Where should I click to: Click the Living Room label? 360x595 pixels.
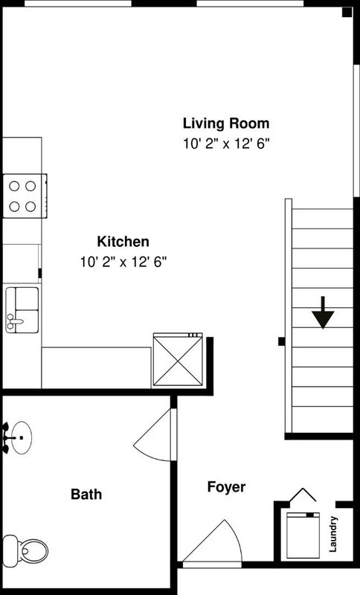226,123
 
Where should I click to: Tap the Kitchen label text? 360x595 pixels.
123,242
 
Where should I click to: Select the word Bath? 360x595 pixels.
86,494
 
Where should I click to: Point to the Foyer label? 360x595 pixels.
226,487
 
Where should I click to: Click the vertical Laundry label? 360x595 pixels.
332,534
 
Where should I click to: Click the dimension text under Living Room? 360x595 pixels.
226,144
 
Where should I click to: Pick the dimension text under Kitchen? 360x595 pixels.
123,262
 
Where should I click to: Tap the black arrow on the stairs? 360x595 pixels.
323,312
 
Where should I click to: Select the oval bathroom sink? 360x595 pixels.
22,437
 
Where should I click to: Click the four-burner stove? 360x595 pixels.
25,196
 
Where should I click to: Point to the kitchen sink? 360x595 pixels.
22,310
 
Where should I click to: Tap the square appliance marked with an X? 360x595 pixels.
178,359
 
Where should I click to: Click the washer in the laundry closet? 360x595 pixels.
303,535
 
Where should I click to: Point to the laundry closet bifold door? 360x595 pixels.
302,495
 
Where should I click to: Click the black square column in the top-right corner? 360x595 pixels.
347,12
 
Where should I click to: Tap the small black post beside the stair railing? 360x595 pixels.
281,341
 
